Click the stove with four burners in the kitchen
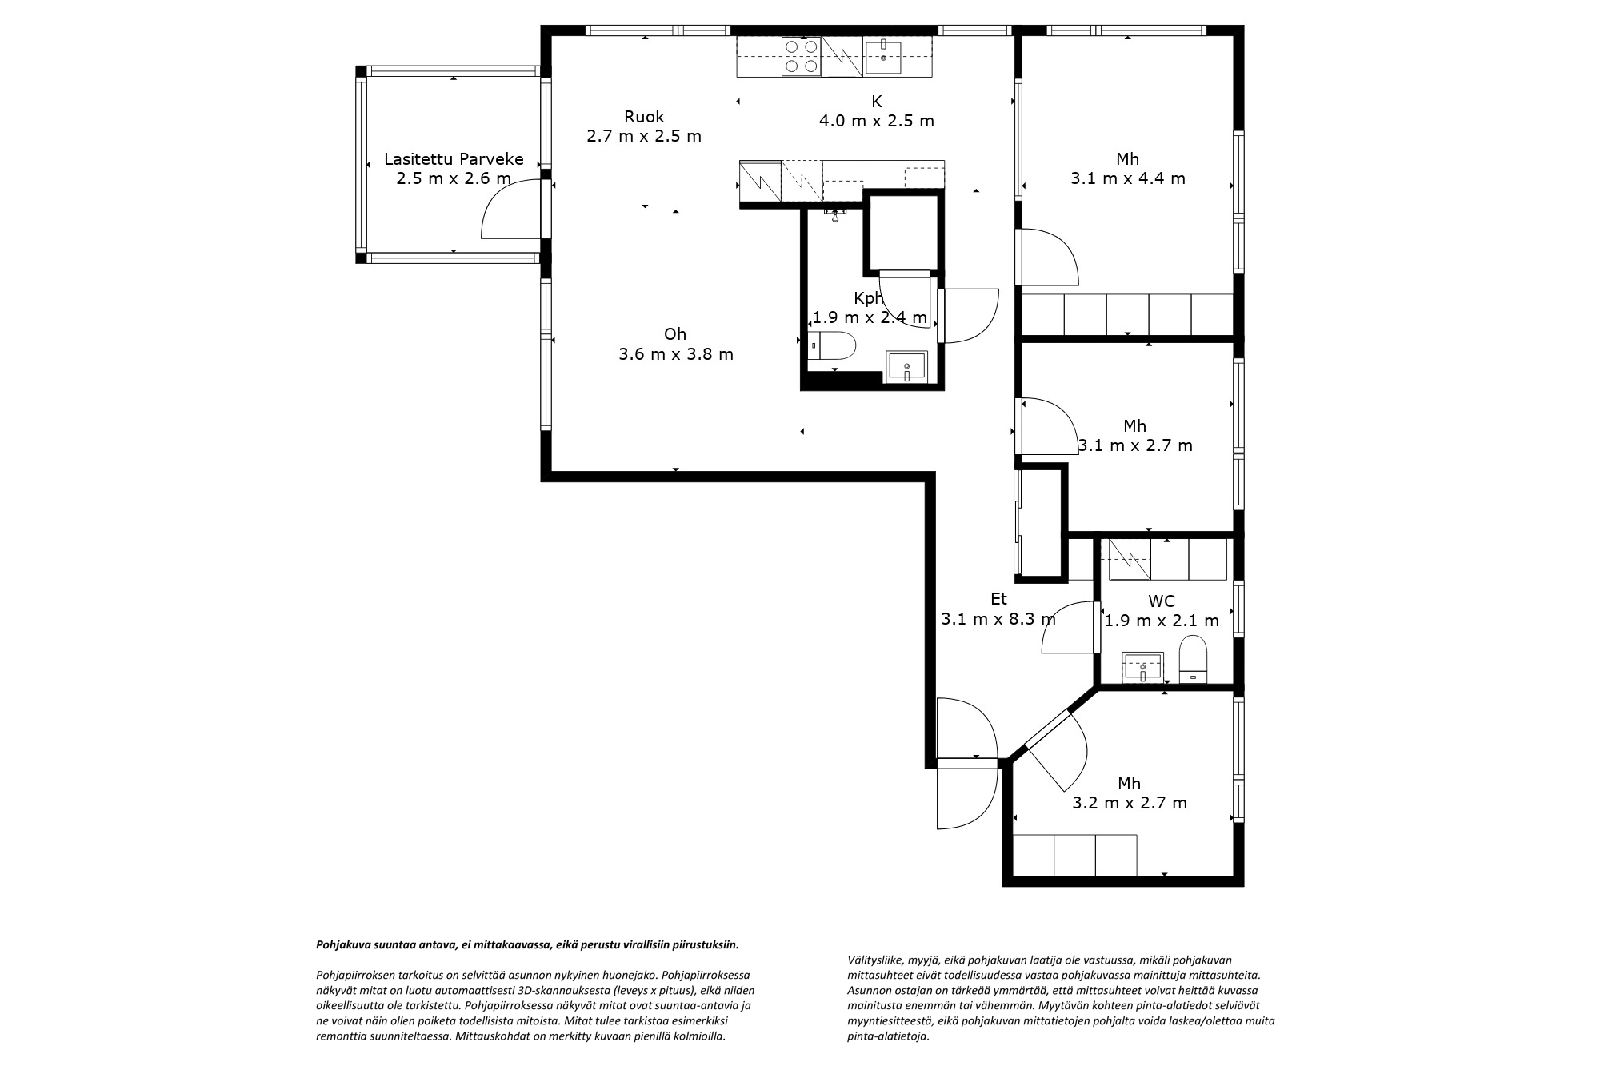coord(802,56)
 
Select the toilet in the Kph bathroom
coord(832,345)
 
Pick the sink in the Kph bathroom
coord(906,367)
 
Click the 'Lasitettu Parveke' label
coord(454,158)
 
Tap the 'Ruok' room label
coord(644,117)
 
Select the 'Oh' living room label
coord(675,334)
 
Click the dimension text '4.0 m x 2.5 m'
coord(876,121)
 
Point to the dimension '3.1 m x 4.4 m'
coord(1128,178)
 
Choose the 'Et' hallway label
coord(998,599)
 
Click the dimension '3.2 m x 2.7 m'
coord(1130,803)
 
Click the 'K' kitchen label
coord(876,102)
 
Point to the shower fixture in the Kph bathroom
coord(835,214)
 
